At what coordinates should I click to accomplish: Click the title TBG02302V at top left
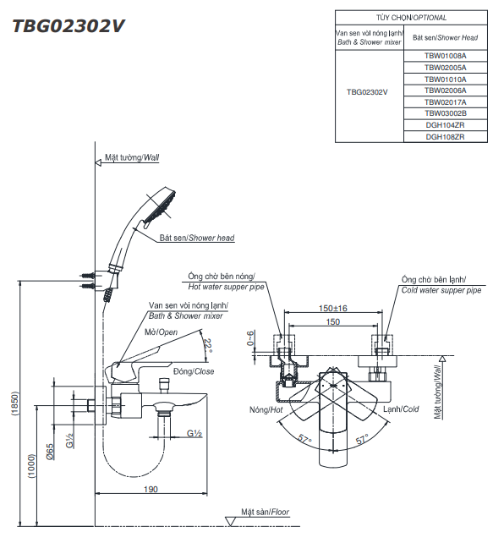(x=68, y=26)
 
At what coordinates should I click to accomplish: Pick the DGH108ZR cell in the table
(x=445, y=136)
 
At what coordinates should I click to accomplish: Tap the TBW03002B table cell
(x=445, y=113)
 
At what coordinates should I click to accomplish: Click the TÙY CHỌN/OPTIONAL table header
(x=411, y=17)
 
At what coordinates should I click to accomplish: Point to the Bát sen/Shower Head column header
(x=445, y=37)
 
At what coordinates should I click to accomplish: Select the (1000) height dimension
(x=32, y=465)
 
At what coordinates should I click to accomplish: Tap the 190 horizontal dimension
(x=151, y=490)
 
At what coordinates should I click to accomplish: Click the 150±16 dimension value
(x=333, y=309)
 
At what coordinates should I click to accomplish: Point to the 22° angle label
(x=208, y=344)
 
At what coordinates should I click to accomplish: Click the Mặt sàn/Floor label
(x=264, y=513)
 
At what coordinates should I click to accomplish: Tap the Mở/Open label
(x=161, y=332)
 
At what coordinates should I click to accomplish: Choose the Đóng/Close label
(x=193, y=371)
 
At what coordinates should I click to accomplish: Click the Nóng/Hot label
(x=265, y=409)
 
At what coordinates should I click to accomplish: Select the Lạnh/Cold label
(x=400, y=409)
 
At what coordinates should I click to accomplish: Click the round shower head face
(x=159, y=208)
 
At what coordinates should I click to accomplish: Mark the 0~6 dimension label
(x=250, y=338)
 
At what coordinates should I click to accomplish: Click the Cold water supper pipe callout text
(x=441, y=289)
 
